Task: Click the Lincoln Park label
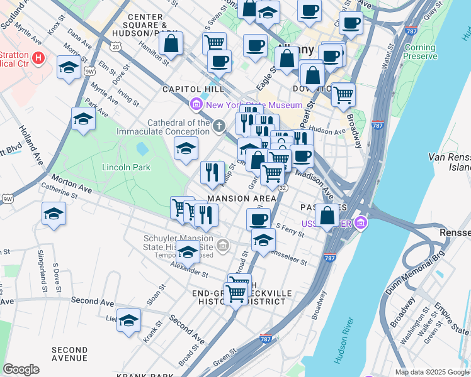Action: [x=127, y=168]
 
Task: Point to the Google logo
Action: [x=21, y=369]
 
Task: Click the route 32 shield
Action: [x=283, y=188]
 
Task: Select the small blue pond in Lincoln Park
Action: [x=142, y=149]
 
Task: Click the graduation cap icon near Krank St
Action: [x=128, y=319]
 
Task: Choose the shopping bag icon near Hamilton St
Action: [x=170, y=43]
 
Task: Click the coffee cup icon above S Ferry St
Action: [x=258, y=219]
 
